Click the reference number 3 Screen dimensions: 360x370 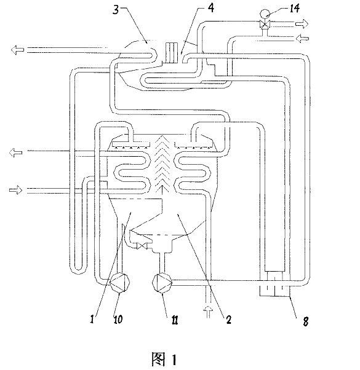pos(116,10)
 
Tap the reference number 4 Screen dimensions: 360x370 pos(211,7)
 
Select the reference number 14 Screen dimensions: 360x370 pos(294,8)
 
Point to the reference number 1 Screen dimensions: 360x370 pos(92,319)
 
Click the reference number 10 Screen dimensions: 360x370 pos(118,319)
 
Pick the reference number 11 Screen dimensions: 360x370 pos(175,320)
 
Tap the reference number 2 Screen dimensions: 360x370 pos(228,320)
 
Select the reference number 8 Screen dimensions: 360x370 pos(306,321)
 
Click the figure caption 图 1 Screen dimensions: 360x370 pos(164,359)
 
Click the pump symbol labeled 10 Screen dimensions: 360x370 pos(119,283)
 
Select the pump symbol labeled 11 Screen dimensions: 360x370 pos(162,283)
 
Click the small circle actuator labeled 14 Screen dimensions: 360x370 pos(264,13)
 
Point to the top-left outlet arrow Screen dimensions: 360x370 pos(17,50)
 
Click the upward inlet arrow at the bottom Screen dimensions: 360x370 pos(208,312)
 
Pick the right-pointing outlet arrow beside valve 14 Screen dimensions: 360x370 pos(302,23)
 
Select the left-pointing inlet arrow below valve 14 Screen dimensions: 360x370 pos(302,38)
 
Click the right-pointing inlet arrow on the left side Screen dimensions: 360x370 pos(16,190)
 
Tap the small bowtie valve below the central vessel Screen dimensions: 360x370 pos(142,246)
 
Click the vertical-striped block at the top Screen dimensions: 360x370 pos(172,53)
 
